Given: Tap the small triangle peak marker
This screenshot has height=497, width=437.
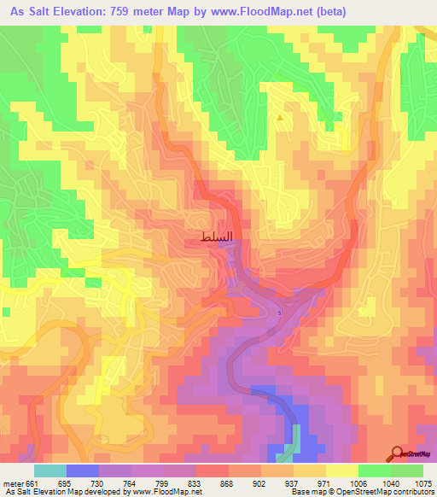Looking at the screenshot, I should click(280, 118).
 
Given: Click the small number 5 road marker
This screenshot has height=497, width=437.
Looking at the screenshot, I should click(278, 313).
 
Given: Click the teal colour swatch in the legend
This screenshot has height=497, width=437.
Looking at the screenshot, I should click(50, 471).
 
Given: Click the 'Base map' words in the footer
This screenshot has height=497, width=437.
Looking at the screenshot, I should click(305, 492).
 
